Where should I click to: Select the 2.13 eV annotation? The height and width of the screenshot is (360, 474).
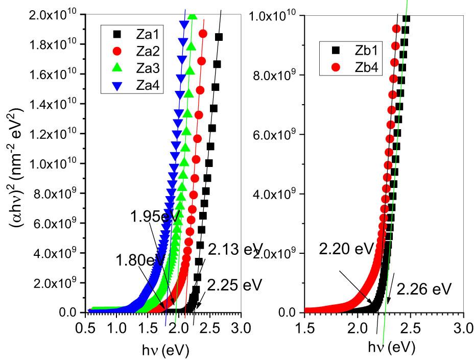[x=235, y=249]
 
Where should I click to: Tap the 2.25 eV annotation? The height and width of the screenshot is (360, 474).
[x=235, y=284]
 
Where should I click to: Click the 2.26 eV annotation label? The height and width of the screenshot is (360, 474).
[x=425, y=290]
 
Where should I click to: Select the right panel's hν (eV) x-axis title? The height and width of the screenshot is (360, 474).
[x=392, y=348]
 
